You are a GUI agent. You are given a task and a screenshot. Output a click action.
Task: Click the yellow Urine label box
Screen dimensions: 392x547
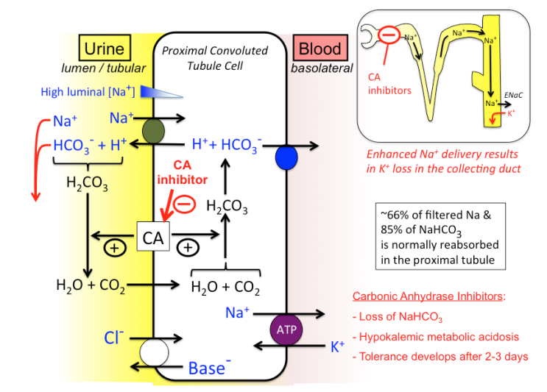105,49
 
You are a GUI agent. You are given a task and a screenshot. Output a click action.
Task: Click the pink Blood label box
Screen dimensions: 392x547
320,49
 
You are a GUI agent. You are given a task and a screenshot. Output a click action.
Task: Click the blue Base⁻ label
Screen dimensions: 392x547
207,368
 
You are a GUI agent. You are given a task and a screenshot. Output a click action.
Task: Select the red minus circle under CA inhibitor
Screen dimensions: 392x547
184,203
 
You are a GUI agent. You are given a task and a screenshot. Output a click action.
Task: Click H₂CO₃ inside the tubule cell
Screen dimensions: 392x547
226,208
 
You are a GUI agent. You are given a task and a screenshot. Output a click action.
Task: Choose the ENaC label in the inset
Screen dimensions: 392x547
515,95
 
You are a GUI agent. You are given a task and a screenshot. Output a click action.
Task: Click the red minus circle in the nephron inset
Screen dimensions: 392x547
387,33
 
